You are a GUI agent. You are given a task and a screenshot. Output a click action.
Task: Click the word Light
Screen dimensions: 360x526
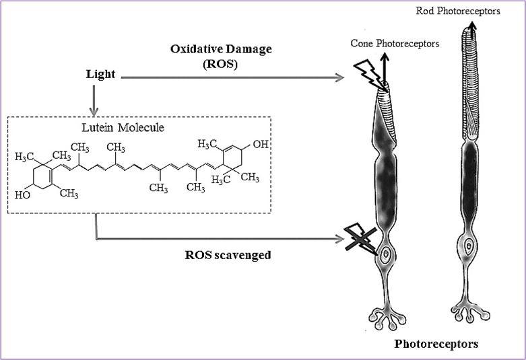(101, 77)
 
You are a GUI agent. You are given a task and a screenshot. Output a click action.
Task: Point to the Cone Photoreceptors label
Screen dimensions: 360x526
(395, 44)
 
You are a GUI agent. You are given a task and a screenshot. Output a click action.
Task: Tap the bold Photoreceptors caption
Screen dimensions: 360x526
(436, 344)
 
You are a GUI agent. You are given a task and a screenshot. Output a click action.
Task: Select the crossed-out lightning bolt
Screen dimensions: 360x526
(360, 239)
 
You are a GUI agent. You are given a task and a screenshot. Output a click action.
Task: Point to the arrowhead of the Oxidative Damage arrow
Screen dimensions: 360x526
(339, 78)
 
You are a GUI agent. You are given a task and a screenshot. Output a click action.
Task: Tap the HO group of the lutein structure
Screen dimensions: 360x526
(22, 195)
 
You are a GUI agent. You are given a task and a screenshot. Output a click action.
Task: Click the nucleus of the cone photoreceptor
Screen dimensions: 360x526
(387, 255)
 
